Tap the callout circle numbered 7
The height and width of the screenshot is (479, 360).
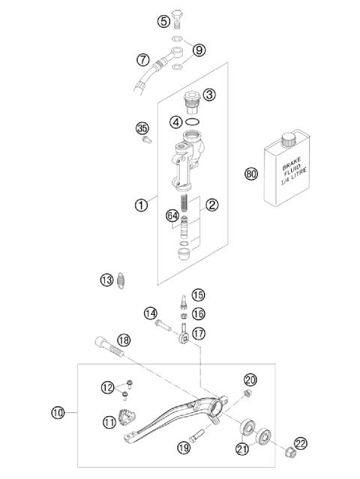142,58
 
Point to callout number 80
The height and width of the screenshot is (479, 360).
252,175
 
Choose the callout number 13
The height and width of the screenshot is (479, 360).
106,280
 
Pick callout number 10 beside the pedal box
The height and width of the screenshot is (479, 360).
58,412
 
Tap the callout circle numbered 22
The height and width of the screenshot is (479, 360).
301,443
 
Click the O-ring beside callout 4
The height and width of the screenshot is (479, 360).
192,121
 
